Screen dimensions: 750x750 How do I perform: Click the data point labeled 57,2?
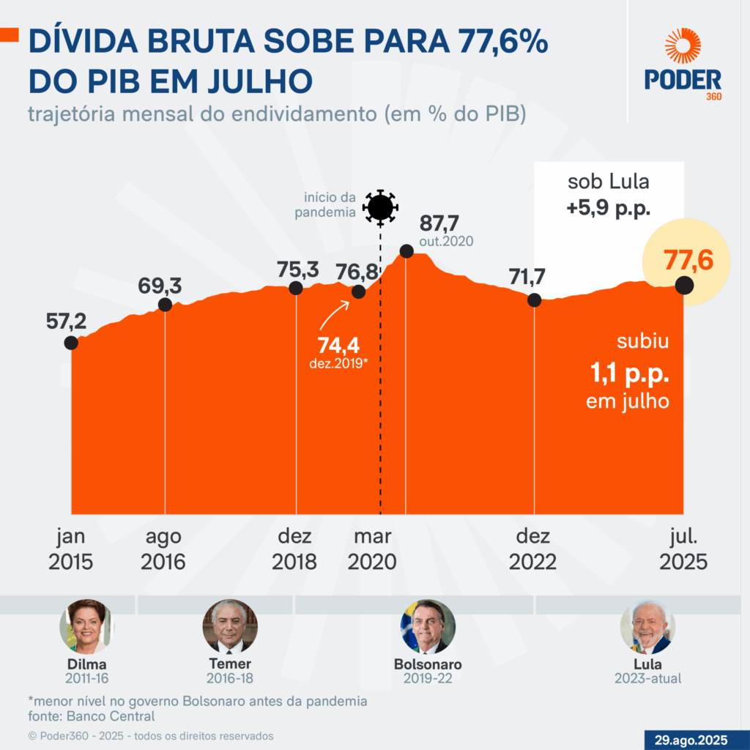71,342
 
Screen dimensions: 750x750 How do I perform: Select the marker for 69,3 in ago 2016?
165,305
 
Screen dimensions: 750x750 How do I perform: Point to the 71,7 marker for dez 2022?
535,300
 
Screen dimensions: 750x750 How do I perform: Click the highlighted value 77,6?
687,261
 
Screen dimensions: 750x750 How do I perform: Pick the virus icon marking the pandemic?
380,207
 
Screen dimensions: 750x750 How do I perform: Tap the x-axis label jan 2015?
71,549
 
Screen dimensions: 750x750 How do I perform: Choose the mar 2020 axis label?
372,549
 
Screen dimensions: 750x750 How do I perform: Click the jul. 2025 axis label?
683,549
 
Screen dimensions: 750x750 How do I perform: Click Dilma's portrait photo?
86,627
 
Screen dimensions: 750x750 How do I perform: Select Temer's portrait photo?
230,627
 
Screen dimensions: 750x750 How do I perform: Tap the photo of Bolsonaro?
428,627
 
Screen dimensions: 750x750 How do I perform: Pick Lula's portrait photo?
647,627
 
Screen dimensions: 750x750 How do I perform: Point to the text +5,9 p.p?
609,209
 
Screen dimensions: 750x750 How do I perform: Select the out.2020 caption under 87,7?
446,241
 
